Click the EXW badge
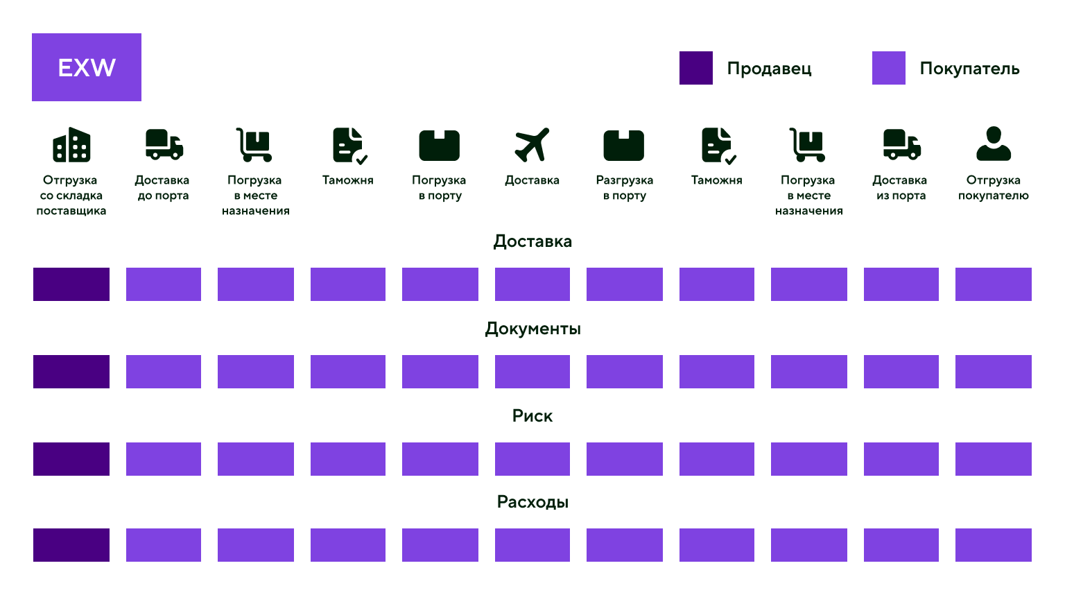[x=87, y=67]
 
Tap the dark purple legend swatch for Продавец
[x=695, y=68]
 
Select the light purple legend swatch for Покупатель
[x=888, y=68]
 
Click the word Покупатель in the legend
[x=969, y=69]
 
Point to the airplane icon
[x=532, y=144]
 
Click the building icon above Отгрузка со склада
[x=71, y=144]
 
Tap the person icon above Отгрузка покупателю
[x=993, y=144]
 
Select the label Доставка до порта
[x=163, y=187]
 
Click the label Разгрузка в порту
[x=624, y=187]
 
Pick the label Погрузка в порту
[x=440, y=187]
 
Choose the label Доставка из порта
[x=900, y=187]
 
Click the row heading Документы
[x=532, y=329]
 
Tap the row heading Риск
[x=532, y=415]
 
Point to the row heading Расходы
[x=532, y=502]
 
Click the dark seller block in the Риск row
[x=71, y=459]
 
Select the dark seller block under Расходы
[x=71, y=545]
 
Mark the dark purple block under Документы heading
[x=71, y=372]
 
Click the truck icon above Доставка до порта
[x=164, y=144]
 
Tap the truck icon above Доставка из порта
[x=902, y=144]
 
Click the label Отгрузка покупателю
[x=993, y=187]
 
